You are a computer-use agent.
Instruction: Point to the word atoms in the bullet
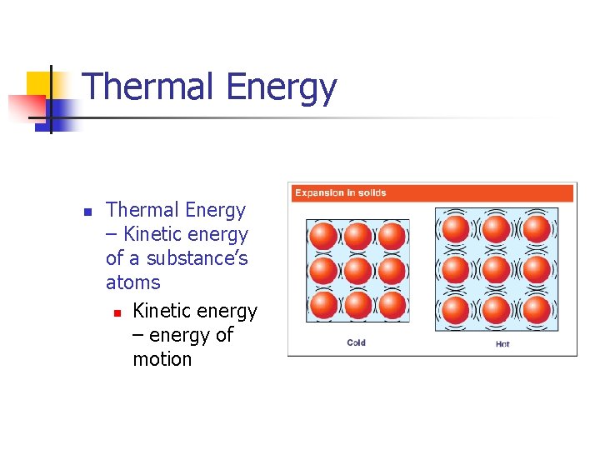pos(133,282)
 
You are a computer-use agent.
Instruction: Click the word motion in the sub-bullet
pos(162,359)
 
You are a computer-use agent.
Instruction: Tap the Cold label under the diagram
pos(357,342)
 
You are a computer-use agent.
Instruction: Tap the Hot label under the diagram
pos(502,343)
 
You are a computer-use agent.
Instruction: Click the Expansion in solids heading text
pos(340,193)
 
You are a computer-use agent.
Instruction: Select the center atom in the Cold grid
pos(357,270)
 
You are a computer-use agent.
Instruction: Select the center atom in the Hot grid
pos(496,269)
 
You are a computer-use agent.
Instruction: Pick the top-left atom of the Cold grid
pos(322,236)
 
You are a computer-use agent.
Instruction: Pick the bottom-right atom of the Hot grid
pos(537,310)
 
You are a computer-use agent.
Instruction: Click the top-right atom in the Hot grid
pos(537,228)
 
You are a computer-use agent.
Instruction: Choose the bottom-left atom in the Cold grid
pos(322,304)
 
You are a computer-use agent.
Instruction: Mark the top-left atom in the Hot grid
pos(455,228)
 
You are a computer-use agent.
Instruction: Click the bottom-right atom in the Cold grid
pos(392,304)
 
